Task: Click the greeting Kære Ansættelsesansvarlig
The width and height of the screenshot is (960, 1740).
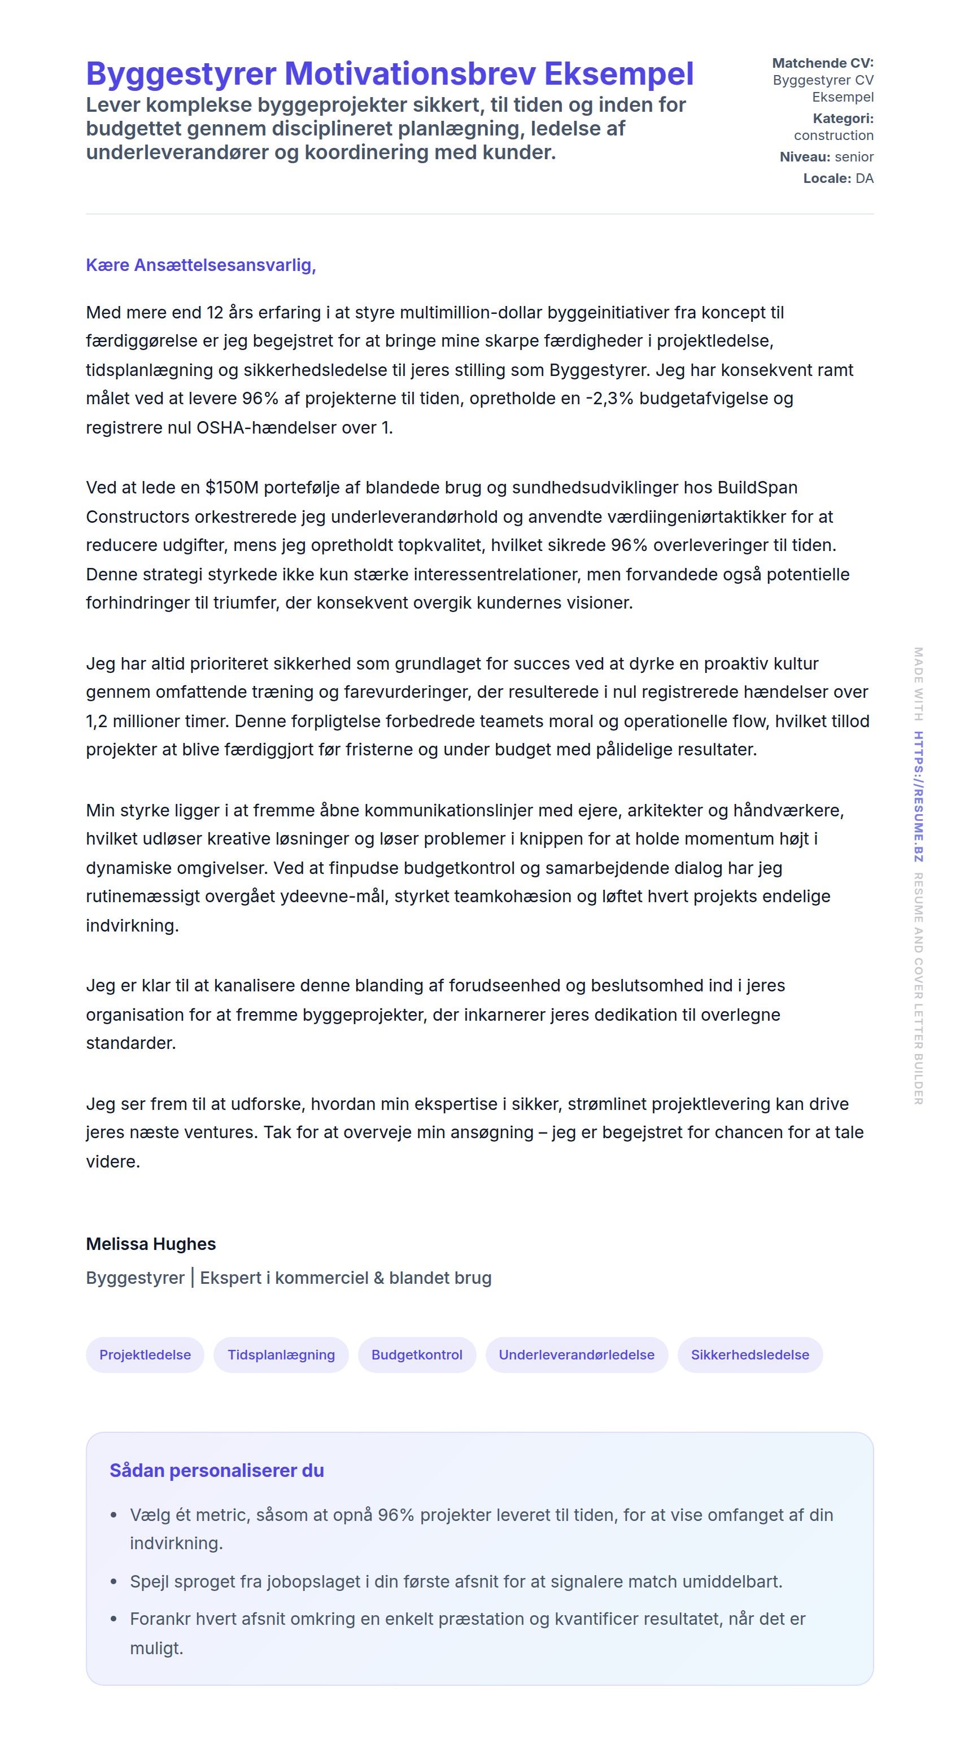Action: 200,265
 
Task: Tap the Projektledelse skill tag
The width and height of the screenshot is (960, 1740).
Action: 145,1354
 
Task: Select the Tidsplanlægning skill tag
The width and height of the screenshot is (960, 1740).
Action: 281,1354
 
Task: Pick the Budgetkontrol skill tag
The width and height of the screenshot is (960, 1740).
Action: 417,1354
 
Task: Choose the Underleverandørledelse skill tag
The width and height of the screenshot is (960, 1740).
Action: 576,1354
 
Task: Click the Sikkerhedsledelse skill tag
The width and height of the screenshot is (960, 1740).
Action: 750,1354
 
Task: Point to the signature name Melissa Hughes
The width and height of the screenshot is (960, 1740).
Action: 151,1244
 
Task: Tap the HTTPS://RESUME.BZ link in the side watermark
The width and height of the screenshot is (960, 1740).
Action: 918,797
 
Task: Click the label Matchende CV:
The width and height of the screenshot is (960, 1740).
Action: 822,63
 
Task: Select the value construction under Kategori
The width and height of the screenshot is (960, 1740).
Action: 833,135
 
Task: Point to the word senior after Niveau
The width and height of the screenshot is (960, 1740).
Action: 854,157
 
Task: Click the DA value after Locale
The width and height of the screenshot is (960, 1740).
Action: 864,178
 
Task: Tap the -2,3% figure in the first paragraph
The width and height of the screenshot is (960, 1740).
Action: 609,398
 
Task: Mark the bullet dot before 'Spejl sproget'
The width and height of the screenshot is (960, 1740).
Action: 114,1582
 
